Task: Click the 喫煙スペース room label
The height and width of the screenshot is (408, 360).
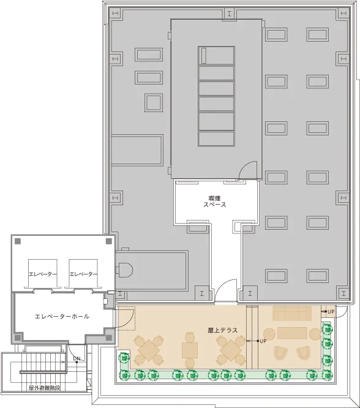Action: pyautogui.click(x=215, y=202)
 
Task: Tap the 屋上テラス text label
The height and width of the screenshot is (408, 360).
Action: pyautogui.click(x=223, y=330)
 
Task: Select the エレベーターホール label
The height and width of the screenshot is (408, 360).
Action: pyautogui.click(x=62, y=316)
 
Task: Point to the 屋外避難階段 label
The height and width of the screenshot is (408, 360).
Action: pyautogui.click(x=45, y=388)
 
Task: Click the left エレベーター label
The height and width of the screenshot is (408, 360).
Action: pyautogui.click(x=43, y=274)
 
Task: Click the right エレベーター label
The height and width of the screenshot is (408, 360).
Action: pyautogui.click(x=83, y=274)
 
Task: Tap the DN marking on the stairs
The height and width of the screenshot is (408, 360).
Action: pyautogui.click(x=77, y=358)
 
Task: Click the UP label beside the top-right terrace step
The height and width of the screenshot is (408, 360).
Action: pyautogui.click(x=331, y=311)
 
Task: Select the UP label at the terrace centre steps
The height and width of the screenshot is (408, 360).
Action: pyautogui.click(x=263, y=341)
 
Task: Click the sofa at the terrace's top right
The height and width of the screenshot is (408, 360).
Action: pyautogui.click(x=292, y=313)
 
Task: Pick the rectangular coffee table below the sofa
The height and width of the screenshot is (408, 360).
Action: pyautogui.click(x=292, y=333)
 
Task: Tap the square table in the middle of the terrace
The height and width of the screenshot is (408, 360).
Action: pyautogui.click(x=190, y=350)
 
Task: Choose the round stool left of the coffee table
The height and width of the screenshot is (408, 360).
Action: pyautogui.click(x=269, y=334)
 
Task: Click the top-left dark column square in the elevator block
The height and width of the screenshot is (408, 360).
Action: pyautogui.click(x=18, y=241)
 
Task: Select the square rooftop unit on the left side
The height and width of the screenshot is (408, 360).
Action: pyautogui.click(x=154, y=102)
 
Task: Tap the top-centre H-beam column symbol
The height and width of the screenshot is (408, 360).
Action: pyautogui.click(x=229, y=14)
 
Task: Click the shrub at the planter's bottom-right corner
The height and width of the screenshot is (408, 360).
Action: pyautogui.click(x=327, y=375)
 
